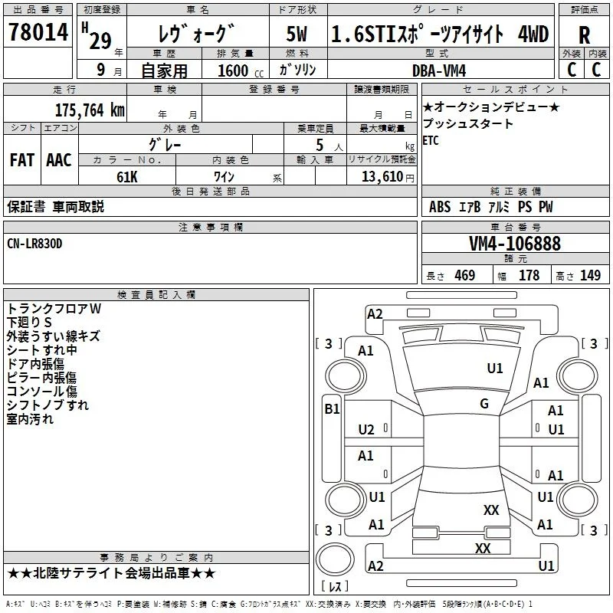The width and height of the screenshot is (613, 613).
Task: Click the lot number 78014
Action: tap(38, 32)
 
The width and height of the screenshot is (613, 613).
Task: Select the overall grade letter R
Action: tap(585, 35)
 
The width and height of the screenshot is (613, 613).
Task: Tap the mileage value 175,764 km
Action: tap(90, 110)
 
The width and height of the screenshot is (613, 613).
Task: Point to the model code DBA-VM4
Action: tap(439, 70)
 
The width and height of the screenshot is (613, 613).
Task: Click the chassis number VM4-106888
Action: tap(515, 244)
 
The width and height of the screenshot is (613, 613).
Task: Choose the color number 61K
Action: tap(127, 177)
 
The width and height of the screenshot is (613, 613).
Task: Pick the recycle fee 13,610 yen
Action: tap(388, 177)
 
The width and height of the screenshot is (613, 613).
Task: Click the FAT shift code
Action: tap(22, 160)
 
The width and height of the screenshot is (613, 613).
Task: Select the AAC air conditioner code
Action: tap(59, 160)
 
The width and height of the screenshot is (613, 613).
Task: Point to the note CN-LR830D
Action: tap(34, 244)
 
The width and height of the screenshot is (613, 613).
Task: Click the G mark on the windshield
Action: tap(484, 403)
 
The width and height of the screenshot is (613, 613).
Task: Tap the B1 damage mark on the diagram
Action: tap(332, 409)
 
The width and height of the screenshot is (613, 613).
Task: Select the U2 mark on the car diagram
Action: tap(366, 430)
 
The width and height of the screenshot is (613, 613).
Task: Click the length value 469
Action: tap(465, 275)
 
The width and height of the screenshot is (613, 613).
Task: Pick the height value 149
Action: tap(590, 275)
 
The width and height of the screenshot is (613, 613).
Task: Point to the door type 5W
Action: tap(297, 34)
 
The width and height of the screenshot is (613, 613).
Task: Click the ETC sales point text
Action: tap(431, 140)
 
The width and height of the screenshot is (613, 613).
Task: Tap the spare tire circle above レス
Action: tap(335, 559)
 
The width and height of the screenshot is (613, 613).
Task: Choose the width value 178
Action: tap(529, 275)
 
